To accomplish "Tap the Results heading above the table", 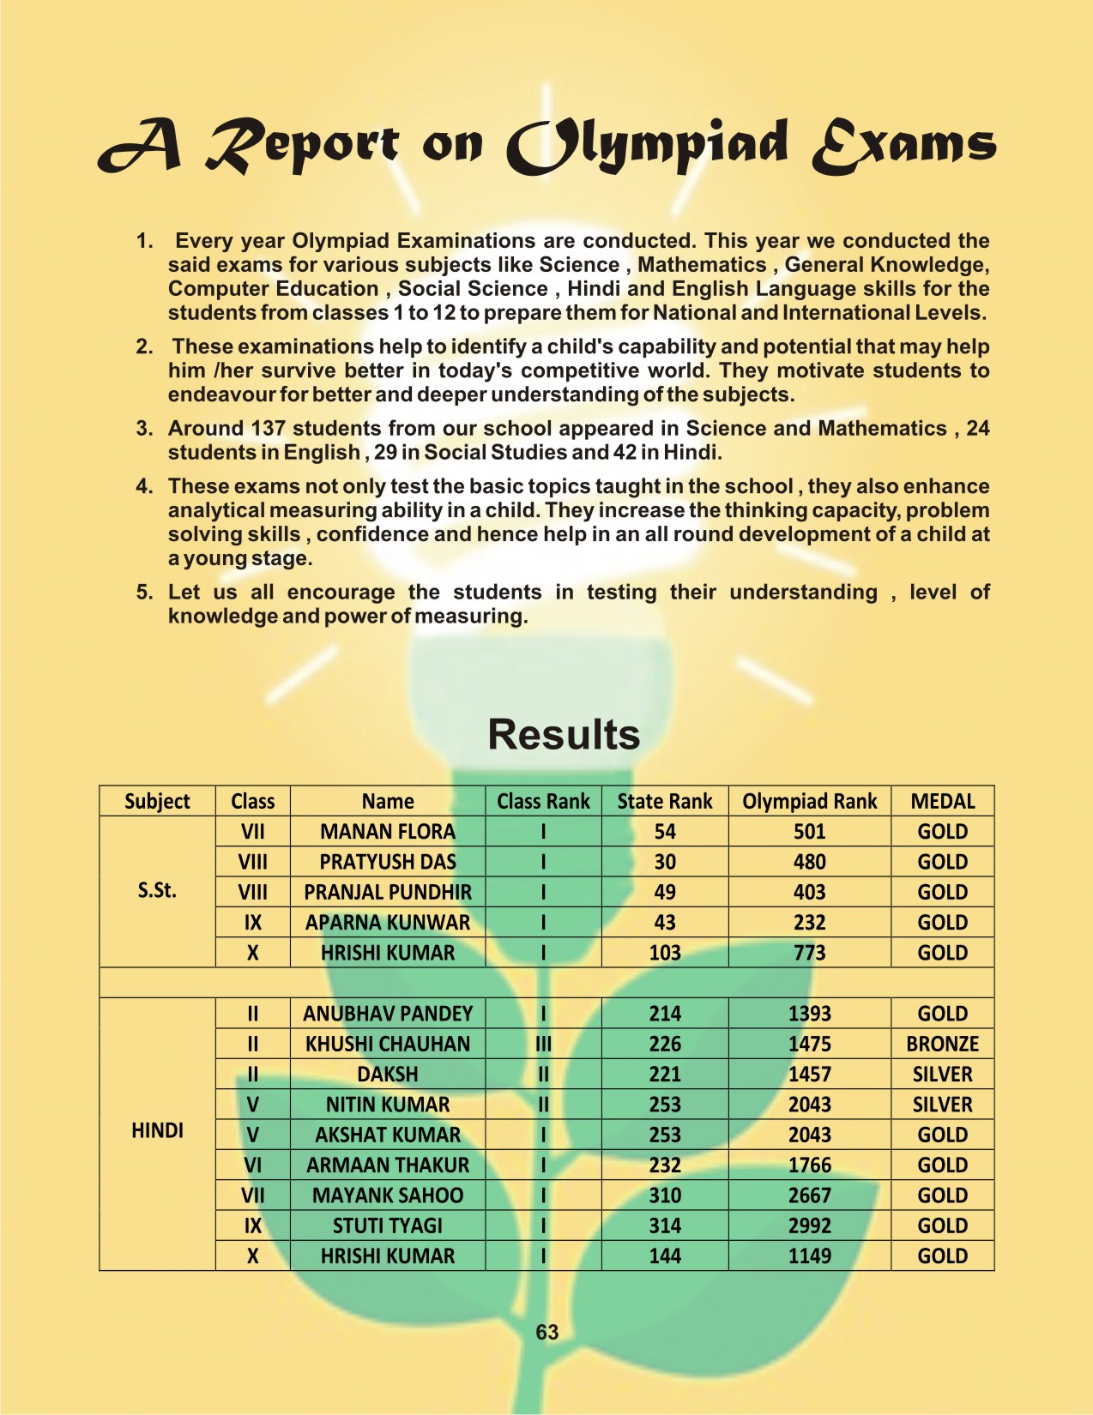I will (564, 735).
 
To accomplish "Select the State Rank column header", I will (665, 801).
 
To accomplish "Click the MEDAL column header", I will (942, 801).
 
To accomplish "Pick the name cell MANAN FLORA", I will (388, 832).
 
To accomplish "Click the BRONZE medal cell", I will (942, 1044).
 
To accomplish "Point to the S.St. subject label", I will (157, 890).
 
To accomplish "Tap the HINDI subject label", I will (157, 1130).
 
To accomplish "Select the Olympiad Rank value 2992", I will (809, 1225).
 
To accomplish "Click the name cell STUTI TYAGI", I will (388, 1225).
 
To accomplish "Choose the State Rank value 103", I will (665, 953).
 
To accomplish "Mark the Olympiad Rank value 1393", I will (809, 1014).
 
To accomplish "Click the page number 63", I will (546, 1332).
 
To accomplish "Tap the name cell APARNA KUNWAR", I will (388, 923).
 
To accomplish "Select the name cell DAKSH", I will (388, 1074).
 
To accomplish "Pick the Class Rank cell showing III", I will (543, 1044).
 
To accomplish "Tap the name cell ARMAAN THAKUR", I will (388, 1165).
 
